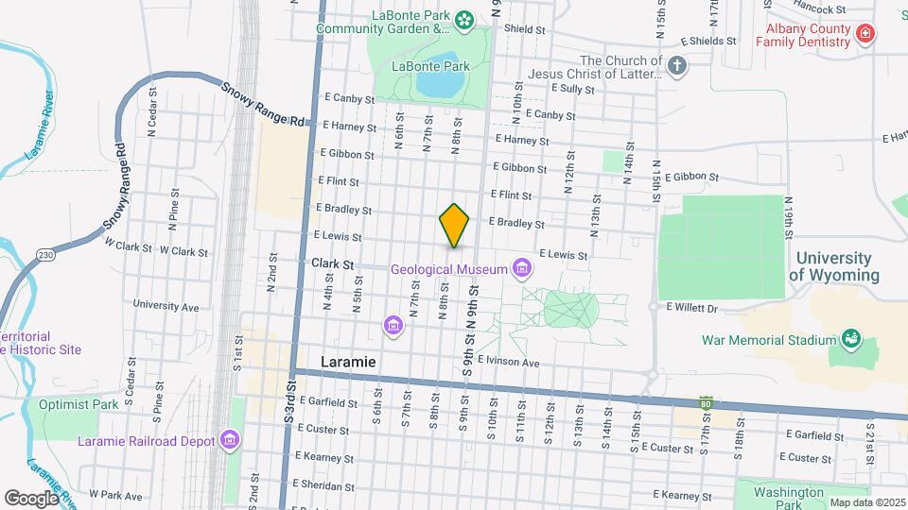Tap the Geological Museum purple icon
(519, 270)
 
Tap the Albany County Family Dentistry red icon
(864, 35)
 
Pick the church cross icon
(675, 66)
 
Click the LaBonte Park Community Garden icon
(463, 18)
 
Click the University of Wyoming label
(833, 266)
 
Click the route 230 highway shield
(45, 255)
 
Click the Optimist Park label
(79, 404)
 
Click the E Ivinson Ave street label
(508, 362)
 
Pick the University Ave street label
(166, 306)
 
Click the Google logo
(30, 498)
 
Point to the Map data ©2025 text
(866, 502)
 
